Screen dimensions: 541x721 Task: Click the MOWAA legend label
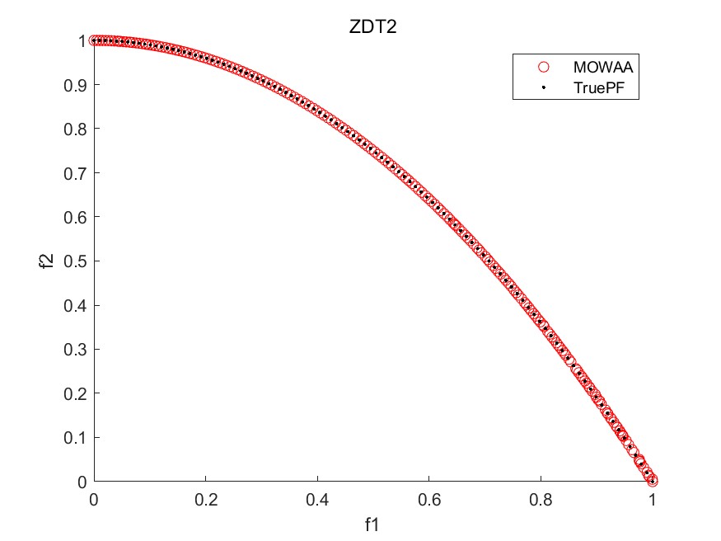(x=597, y=68)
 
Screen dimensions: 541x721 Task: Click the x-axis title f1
(x=373, y=523)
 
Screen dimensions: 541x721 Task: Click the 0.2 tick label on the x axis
(x=206, y=499)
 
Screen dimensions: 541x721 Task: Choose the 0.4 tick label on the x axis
(x=317, y=499)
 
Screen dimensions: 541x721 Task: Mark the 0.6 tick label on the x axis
(x=429, y=499)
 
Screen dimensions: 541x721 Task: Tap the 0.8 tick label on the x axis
(x=541, y=499)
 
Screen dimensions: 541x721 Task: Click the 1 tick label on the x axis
(x=653, y=499)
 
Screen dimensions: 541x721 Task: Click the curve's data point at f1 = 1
(x=653, y=481)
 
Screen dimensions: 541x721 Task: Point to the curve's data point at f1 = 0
(x=95, y=40)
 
